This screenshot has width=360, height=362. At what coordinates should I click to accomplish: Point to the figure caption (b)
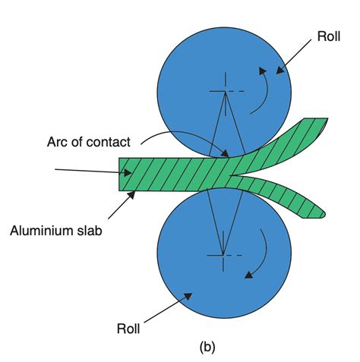click(207, 348)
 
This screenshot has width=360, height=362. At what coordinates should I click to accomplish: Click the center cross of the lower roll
click(223, 254)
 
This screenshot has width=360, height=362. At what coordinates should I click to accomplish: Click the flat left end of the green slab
click(122, 174)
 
